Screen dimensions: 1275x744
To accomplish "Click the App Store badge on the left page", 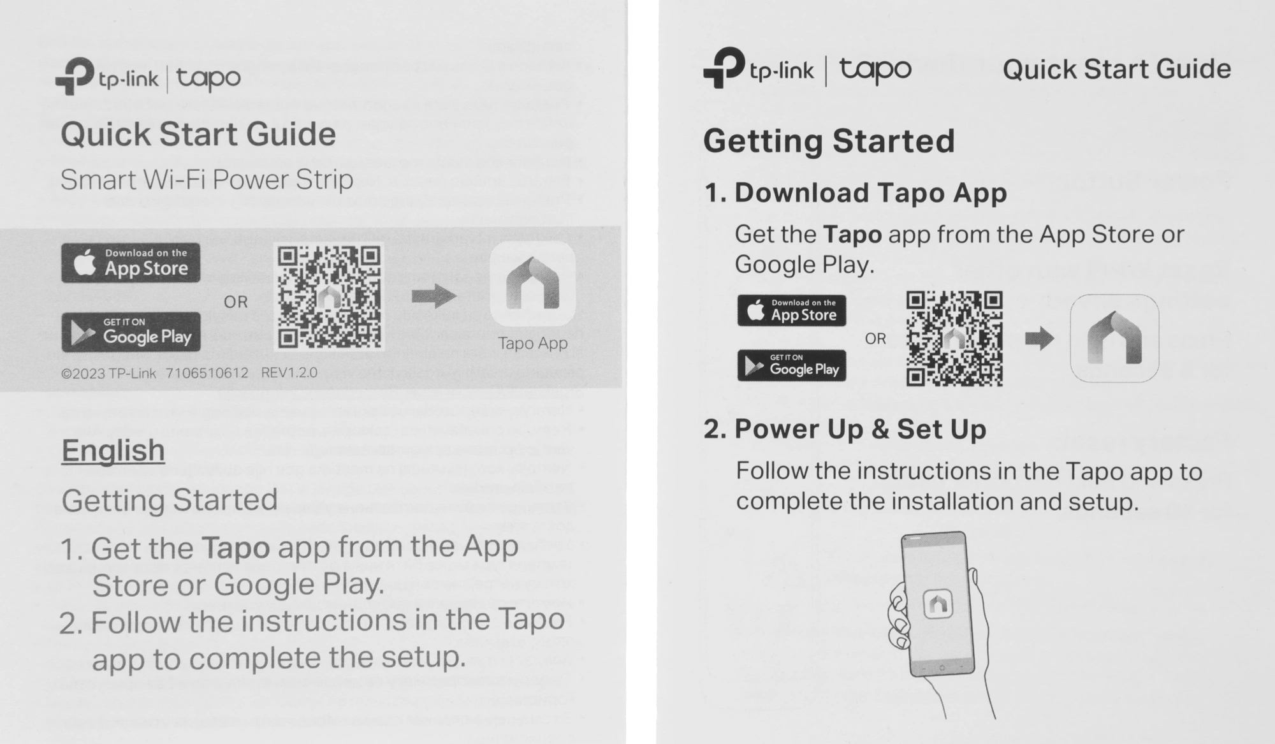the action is tap(131, 263).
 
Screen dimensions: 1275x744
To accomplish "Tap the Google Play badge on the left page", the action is tap(131, 332).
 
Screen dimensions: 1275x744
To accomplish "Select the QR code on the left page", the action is tap(329, 296).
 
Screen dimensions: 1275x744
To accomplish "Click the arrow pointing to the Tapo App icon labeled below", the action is tap(434, 296).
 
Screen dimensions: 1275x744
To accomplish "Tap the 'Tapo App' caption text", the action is tap(532, 343).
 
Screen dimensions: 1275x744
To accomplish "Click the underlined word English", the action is tap(113, 451).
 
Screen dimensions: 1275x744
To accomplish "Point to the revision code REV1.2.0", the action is tap(289, 372).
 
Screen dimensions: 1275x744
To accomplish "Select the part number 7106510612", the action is tap(207, 373).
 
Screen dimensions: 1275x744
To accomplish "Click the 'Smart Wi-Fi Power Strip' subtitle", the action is tap(207, 180).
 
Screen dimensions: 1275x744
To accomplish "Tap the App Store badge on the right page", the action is tap(792, 310).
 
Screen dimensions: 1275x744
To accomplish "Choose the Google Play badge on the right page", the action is tap(792, 365).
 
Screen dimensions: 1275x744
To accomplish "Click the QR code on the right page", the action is tap(954, 339).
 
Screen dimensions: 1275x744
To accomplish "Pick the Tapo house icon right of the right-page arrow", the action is tap(1114, 338).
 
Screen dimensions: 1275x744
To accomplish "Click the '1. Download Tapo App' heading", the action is tap(856, 193).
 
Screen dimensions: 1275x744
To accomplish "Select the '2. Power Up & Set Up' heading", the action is tap(845, 429).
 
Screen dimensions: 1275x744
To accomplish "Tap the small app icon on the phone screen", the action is tap(938, 602).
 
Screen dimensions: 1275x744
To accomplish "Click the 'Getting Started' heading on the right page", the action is tap(829, 142).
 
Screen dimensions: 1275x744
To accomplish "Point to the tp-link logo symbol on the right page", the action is tap(724, 67).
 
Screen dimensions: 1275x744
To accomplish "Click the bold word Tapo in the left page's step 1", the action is tap(236, 548).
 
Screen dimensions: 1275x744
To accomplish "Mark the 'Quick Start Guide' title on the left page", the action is tap(198, 135).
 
